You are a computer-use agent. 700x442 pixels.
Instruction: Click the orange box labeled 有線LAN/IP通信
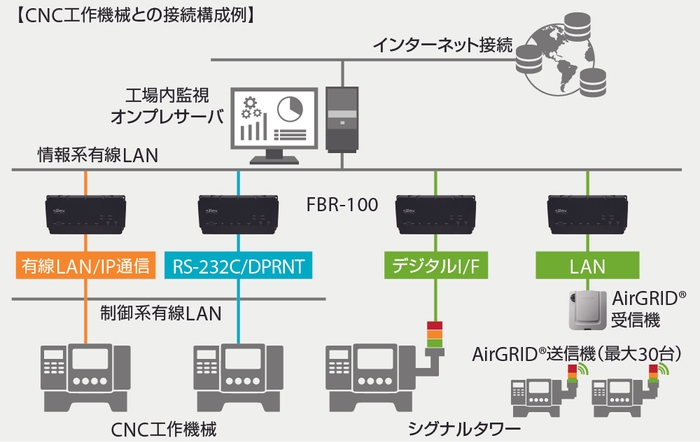tap(86, 266)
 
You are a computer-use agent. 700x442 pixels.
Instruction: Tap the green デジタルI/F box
tap(436, 266)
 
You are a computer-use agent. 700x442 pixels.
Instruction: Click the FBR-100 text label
tap(341, 206)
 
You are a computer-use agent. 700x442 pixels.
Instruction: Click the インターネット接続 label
tap(442, 45)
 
